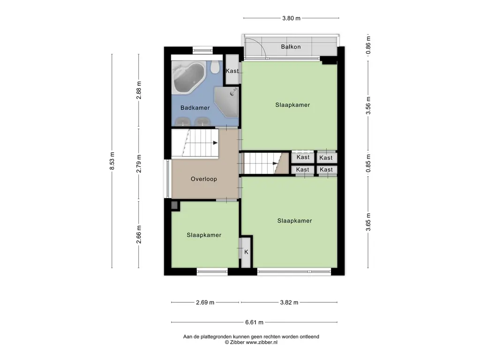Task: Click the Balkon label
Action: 291,47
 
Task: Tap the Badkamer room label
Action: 195,108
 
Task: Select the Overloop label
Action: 204,179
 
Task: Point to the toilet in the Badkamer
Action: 215,67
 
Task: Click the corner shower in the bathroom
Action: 226,102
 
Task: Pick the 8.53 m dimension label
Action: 112,161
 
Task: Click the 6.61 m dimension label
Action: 254,322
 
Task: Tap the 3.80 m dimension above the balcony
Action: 291,18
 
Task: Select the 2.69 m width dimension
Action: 205,302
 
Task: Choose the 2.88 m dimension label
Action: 139,90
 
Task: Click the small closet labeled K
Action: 246,252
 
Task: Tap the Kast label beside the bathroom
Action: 232,71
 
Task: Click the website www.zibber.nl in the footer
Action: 262,343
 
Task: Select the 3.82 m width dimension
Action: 289,302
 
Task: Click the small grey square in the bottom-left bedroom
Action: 175,206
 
